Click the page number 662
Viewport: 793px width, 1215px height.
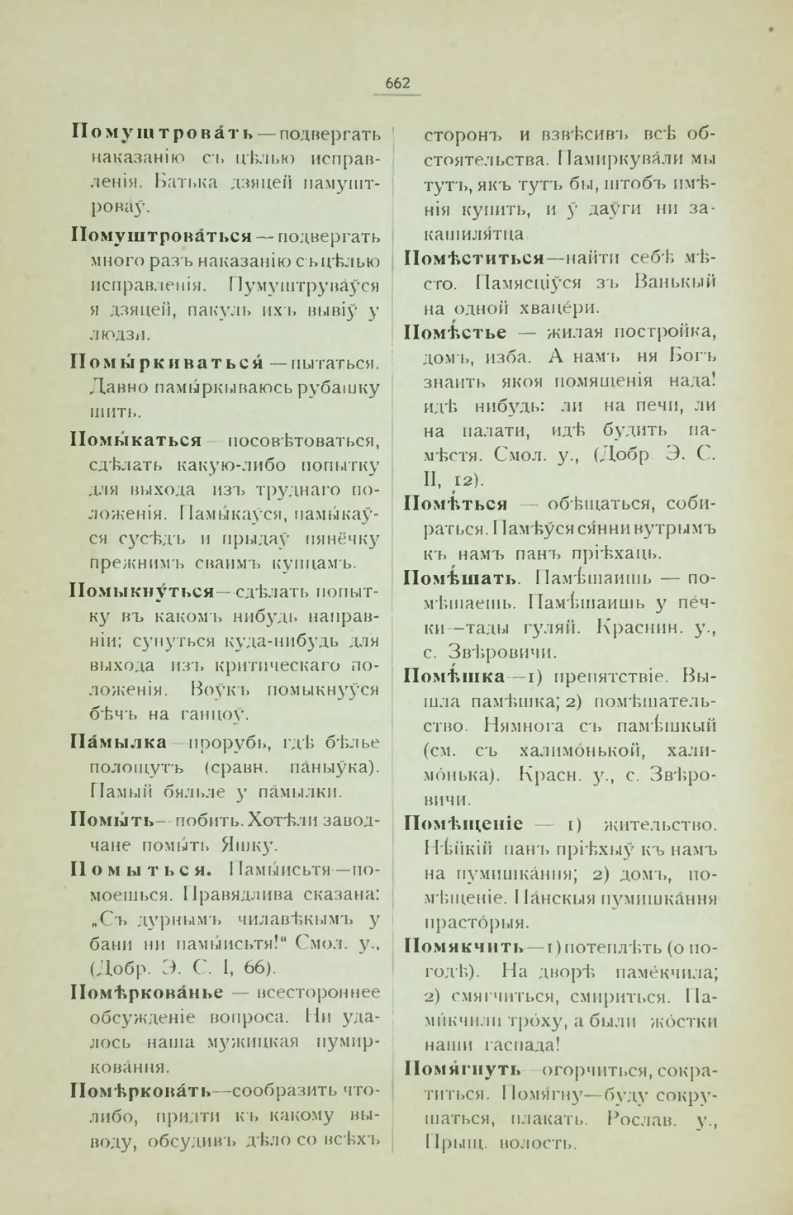pyautogui.click(x=397, y=83)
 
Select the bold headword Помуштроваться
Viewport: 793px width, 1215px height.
pyautogui.click(x=162, y=236)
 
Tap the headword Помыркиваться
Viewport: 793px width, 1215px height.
pyautogui.click(x=166, y=363)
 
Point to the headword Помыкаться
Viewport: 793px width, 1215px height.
pyautogui.click(x=136, y=440)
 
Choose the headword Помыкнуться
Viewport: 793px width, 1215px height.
pyautogui.click(x=142, y=591)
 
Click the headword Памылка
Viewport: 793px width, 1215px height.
pyautogui.click(x=119, y=743)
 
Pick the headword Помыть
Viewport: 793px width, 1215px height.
pyautogui.click(x=112, y=820)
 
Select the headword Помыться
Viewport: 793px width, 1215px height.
pyautogui.click(x=141, y=870)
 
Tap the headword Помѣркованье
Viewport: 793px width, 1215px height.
pyautogui.click(x=147, y=992)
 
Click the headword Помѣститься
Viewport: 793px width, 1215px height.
pyautogui.click(x=474, y=258)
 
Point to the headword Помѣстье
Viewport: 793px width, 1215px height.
pyautogui.click(x=455, y=332)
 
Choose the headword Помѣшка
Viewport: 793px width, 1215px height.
pyautogui.click(x=454, y=676)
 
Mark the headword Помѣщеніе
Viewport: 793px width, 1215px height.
pyautogui.click(x=463, y=823)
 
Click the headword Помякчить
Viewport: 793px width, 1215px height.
pyautogui.click(x=464, y=947)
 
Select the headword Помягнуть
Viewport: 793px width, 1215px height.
pyautogui.click(x=463, y=1070)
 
